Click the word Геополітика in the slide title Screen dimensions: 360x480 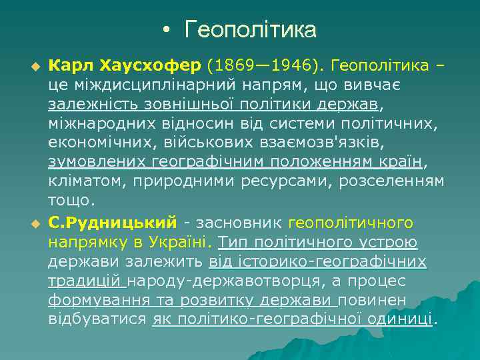[251, 30]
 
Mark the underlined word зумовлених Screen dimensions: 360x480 [97, 163]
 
